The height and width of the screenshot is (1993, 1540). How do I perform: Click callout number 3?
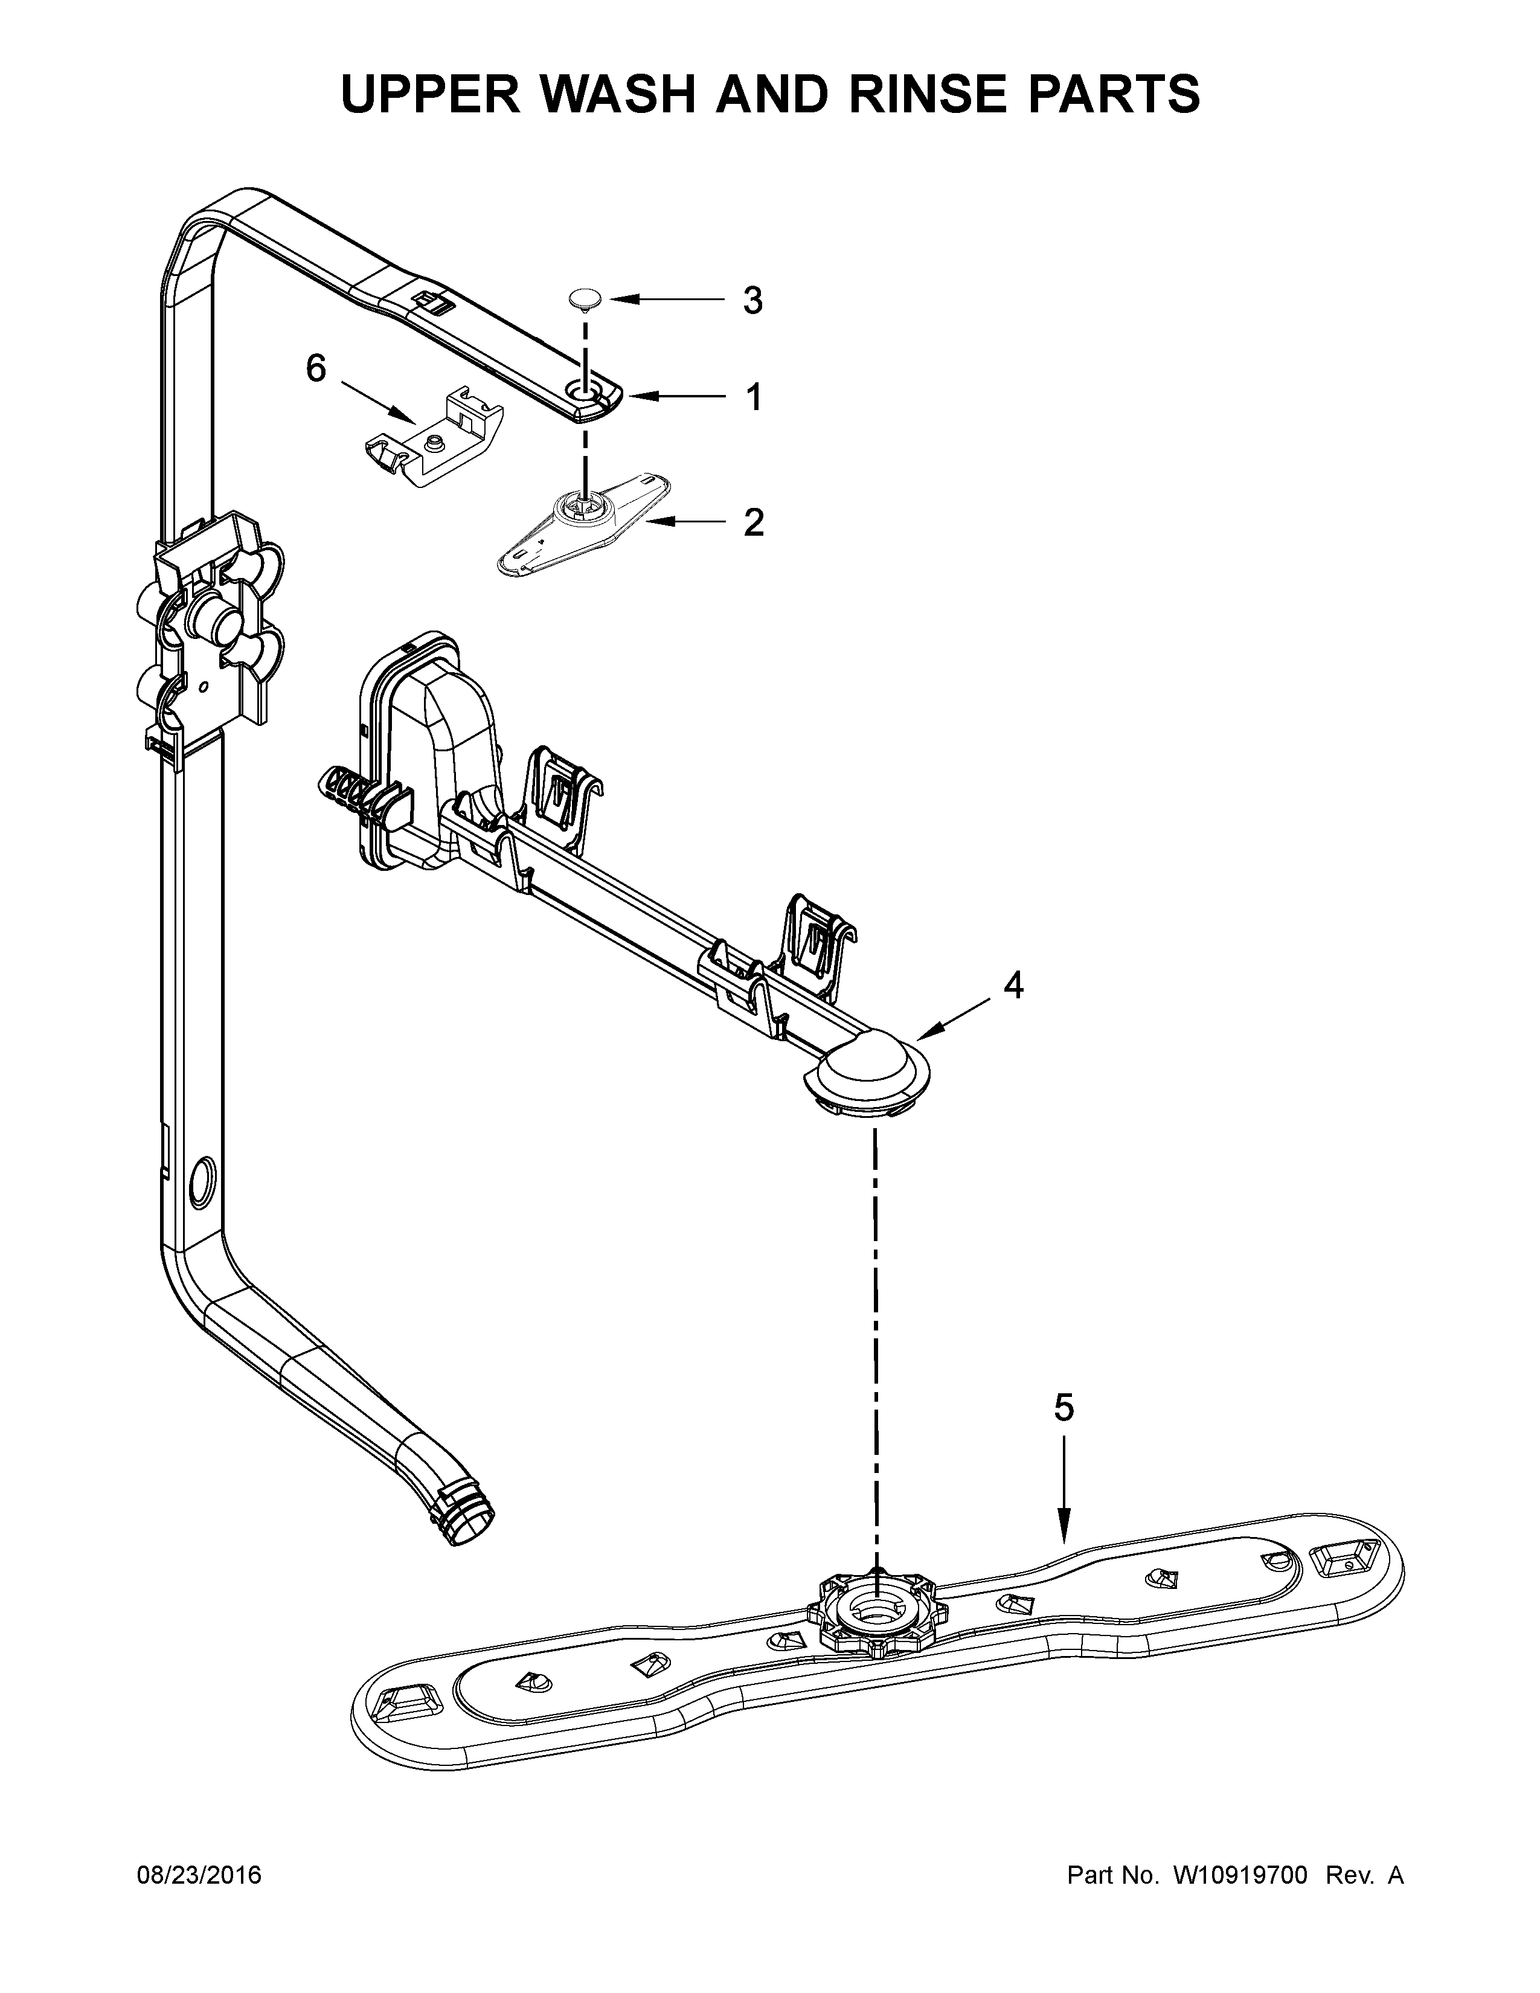[x=752, y=300]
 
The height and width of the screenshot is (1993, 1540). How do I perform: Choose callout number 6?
[x=316, y=368]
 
